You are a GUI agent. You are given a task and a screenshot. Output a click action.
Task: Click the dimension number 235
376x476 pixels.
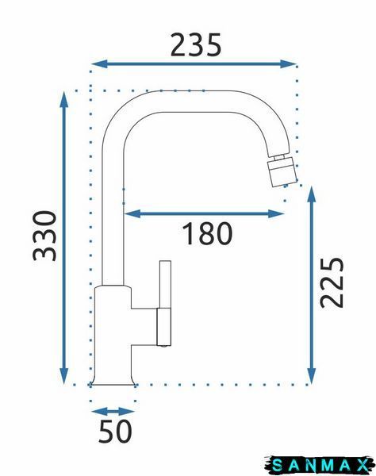(x=196, y=45)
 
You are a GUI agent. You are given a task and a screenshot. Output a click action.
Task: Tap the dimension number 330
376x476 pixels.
(x=44, y=236)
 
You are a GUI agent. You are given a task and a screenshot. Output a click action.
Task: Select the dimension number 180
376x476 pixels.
(x=207, y=233)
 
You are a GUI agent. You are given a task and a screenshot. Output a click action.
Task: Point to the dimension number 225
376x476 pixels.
(x=332, y=282)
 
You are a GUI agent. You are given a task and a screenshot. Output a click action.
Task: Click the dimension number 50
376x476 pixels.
(x=115, y=431)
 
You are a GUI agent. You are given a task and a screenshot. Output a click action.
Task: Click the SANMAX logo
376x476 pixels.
(x=320, y=465)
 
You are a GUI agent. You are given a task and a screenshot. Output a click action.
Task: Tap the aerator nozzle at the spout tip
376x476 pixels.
(x=281, y=171)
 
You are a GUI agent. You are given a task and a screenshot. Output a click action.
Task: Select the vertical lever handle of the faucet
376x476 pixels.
(x=165, y=303)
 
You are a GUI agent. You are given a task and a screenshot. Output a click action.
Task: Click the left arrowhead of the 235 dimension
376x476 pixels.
(x=99, y=63)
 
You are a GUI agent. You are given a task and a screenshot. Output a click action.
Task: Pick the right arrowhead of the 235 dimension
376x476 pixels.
(x=288, y=63)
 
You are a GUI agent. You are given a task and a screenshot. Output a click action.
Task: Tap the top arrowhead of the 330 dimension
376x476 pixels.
(x=63, y=99)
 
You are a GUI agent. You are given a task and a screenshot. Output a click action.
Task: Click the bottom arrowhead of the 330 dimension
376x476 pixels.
(x=63, y=376)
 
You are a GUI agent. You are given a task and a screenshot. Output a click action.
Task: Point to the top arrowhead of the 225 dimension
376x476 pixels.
(x=312, y=194)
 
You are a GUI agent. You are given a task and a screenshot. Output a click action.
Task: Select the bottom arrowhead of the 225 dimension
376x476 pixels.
(x=312, y=376)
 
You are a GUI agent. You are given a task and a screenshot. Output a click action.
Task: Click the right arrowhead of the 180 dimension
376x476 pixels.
(x=276, y=213)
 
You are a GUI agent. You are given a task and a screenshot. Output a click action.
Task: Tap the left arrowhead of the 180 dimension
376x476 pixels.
(x=133, y=213)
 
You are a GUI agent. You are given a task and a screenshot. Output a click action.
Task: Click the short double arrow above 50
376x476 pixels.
(x=113, y=412)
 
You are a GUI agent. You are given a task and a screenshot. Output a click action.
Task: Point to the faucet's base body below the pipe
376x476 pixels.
(x=113, y=336)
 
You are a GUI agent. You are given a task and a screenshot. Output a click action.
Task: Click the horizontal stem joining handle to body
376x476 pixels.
(x=144, y=327)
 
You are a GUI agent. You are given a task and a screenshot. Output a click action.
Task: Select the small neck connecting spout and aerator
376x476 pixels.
(x=279, y=158)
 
